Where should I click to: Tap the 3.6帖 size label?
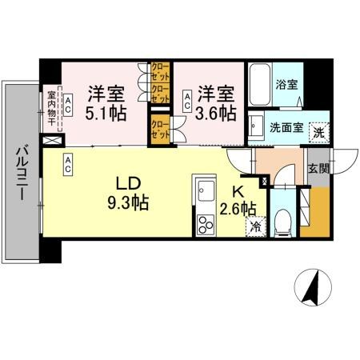218,112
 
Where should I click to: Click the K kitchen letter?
238,191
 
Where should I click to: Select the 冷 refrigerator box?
254,226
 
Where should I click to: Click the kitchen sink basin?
203,193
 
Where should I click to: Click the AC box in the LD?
69,165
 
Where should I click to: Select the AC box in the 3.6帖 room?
187,101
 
